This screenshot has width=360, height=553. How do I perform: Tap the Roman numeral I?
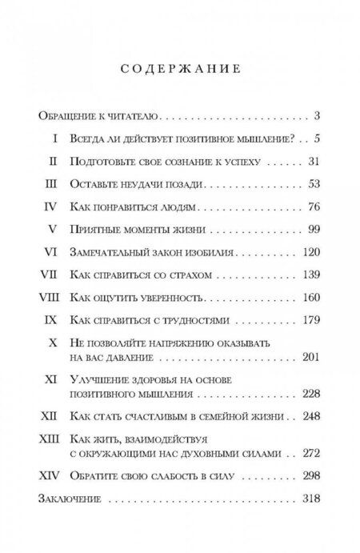pos(54,138)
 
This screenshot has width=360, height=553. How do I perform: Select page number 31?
pos(314,162)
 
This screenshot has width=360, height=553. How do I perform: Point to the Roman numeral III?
pos(50,185)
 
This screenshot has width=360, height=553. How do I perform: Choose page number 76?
pos(314,208)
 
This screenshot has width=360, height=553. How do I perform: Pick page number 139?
pos(310,277)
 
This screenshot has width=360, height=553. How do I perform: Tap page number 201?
pos(310,357)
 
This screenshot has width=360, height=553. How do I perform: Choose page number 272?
pos(310,452)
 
